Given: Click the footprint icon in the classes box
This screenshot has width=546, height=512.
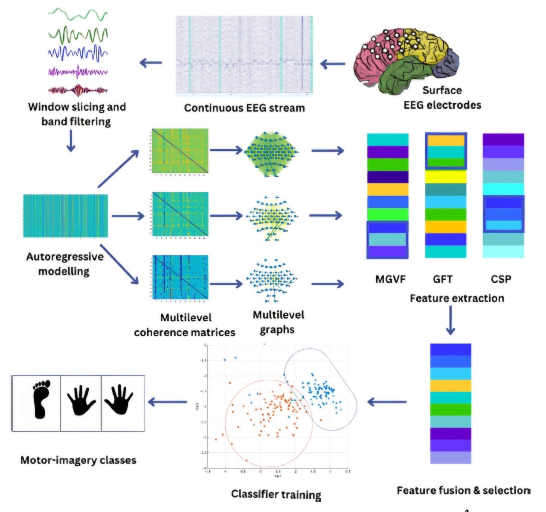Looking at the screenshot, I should pos(41,399).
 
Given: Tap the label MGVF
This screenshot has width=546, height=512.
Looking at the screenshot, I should pos(390,279).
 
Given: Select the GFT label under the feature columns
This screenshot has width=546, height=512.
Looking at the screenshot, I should pos(442,279).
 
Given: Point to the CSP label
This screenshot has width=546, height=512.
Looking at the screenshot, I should pos(501,279).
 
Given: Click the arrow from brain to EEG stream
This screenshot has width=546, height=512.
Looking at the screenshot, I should pos(333,64).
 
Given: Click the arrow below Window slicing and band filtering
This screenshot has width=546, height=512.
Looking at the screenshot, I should pos(71,141).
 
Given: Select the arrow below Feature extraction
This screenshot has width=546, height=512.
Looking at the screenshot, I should pos(450,320).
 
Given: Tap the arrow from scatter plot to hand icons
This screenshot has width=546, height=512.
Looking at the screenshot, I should pos(167,402).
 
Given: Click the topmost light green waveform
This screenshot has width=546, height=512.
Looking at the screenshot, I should pos(78,15).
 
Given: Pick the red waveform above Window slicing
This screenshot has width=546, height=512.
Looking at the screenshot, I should pos(78,90).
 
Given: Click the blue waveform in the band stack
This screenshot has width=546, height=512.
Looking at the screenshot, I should pos(78,53).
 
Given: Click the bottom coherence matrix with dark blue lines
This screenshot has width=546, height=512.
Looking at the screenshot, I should pos(180,278).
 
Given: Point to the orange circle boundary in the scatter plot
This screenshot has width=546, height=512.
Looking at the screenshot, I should pos(226,427).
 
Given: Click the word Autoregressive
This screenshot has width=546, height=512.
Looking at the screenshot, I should pos(65,257).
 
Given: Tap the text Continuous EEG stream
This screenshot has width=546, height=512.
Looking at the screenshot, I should pos(244,108).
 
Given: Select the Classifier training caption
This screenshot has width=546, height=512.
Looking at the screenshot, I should pos(276,494).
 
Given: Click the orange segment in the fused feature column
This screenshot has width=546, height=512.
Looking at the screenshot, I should pos(450,386).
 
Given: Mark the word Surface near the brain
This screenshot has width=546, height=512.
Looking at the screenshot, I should pos(442,90).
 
